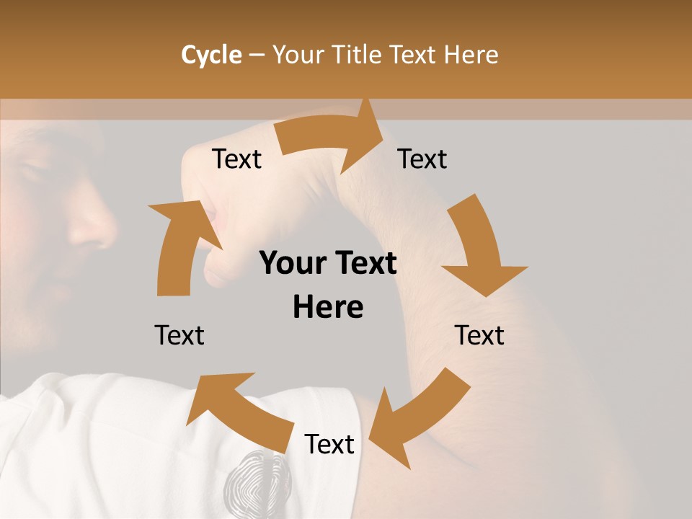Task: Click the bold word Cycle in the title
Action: pyautogui.click(x=211, y=55)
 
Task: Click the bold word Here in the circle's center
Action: pyautogui.click(x=328, y=307)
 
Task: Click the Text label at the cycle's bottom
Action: pyautogui.click(x=329, y=445)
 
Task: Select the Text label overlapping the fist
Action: pyautogui.click(x=236, y=159)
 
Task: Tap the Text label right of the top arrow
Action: pyautogui.click(x=422, y=159)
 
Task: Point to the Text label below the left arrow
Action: pyautogui.click(x=179, y=335)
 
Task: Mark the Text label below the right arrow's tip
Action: pyautogui.click(x=479, y=335)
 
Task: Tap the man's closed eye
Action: pyautogui.click(x=32, y=173)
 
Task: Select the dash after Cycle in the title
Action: pyautogui.click(x=257, y=55)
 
